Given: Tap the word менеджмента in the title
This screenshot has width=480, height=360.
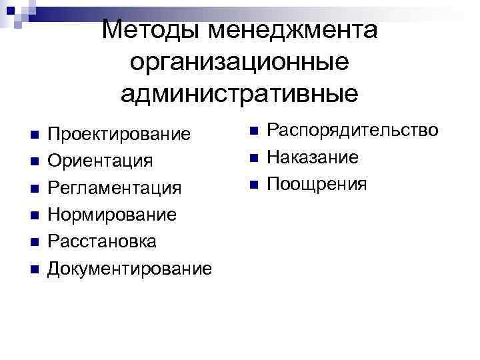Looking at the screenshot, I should pyautogui.click(x=294, y=30).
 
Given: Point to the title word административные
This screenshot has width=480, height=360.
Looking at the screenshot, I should pyautogui.click(x=239, y=93).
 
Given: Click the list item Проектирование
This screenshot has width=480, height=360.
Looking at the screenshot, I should pyautogui.click(x=120, y=134).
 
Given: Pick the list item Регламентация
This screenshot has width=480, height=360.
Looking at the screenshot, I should pyautogui.click(x=115, y=188).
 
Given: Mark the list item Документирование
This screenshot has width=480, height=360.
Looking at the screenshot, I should pyautogui.click(x=131, y=269).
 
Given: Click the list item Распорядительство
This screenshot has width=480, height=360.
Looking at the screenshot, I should pyautogui.click(x=353, y=129).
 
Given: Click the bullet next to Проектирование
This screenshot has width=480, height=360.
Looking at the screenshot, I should pyautogui.click(x=35, y=135).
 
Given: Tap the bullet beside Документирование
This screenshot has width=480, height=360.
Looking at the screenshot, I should pyautogui.click(x=35, y=269).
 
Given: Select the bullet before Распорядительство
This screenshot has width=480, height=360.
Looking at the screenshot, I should pyautogui.click(x=253, y=131).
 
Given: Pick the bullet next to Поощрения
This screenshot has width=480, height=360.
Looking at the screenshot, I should pyautogui.click(x=253, y=185).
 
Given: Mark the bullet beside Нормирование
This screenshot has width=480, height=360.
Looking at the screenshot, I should pyautogui.click(x=35, y=215).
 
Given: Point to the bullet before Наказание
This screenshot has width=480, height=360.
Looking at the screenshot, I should pyautogui.click(x=253, y=158).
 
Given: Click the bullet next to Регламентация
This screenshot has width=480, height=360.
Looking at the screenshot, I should pyautogui.click(x=35, y=189).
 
